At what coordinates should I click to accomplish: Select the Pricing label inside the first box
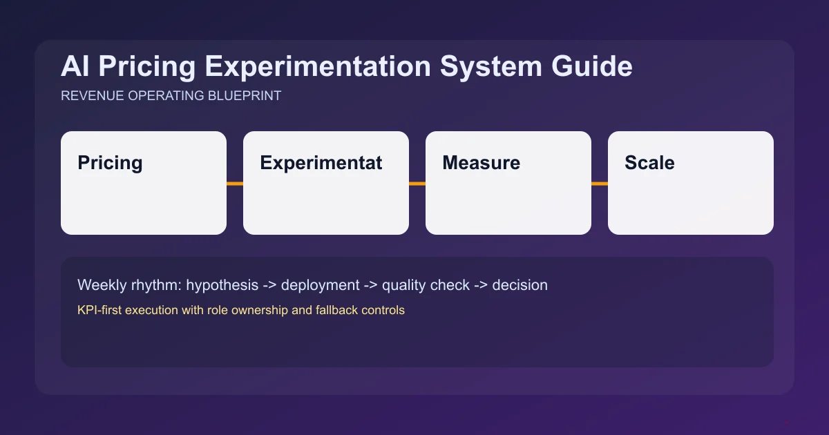(x=110, y=163)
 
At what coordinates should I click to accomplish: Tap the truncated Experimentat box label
(x=321, y=163)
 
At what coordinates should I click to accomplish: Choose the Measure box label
(x=481, y=163)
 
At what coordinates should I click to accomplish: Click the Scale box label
(x=649, y=163)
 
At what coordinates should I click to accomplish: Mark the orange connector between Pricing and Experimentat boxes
(x=235, y=184)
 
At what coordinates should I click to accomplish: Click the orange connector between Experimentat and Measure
(x=417, y=184)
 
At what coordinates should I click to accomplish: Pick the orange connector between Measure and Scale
(x=600, y=184)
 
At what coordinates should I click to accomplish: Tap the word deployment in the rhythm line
(x=321, y=285)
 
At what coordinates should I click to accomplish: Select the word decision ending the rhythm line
(x=520, y=285)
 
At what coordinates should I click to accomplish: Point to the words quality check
(x=426, y=285)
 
